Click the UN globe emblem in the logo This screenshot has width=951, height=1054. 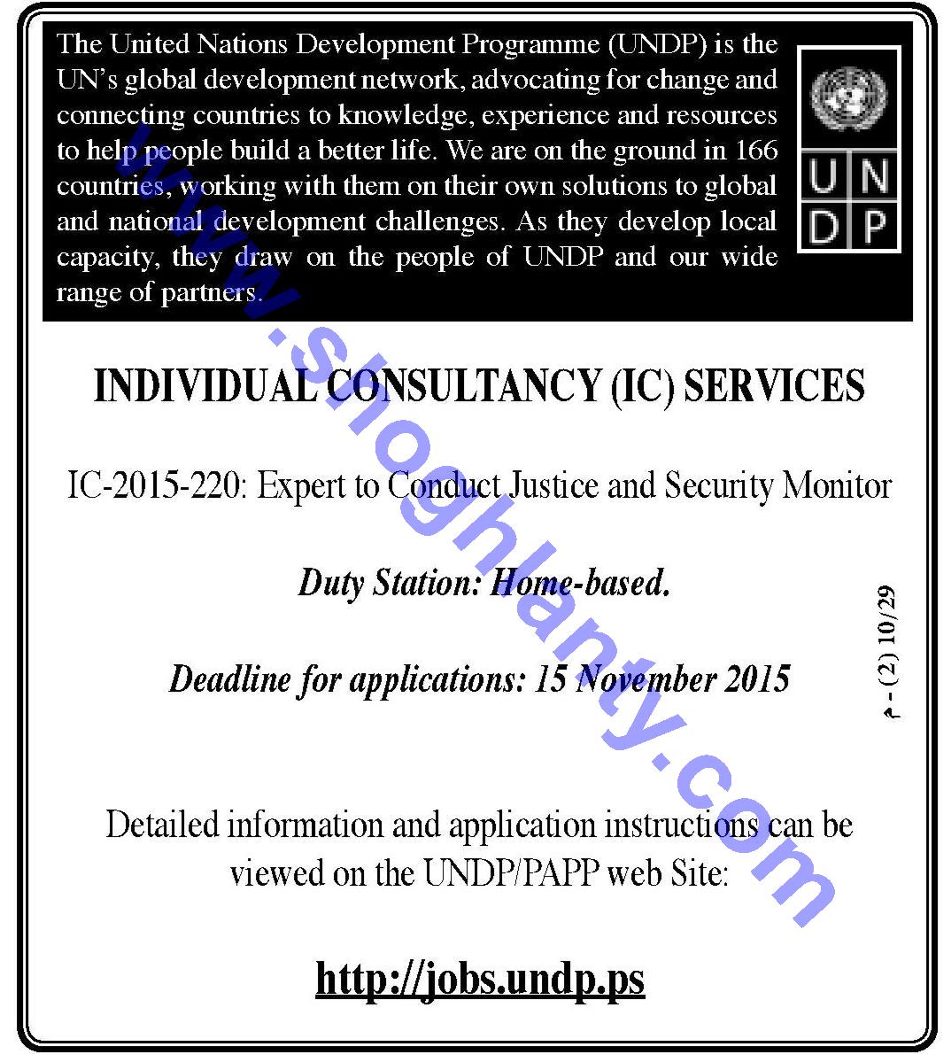[x=848, y=98]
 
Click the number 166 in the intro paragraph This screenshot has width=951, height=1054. [x=756, y=151]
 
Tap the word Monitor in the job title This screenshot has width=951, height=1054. [x=838, y=486]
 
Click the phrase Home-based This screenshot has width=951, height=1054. [x=580, y=583]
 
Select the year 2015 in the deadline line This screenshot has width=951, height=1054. [x=756, y=679]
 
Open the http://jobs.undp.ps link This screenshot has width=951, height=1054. [x=480, y=979]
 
